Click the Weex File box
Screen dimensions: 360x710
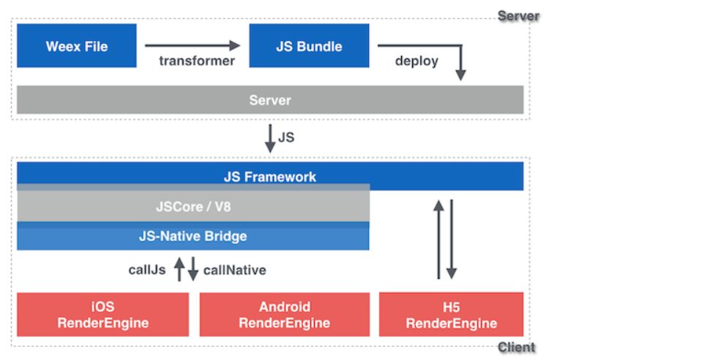[77, 46]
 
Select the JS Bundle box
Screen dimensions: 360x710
[309, 46]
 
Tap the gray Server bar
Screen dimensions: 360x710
[269, 100]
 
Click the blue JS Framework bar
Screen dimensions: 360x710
[269, 176]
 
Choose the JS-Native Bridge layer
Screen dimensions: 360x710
[193, 236]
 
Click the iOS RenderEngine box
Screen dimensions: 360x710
[102, 315]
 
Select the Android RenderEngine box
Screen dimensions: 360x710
[284, 315]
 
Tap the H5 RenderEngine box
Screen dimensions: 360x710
[451, 315]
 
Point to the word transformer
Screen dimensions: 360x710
[197, 61]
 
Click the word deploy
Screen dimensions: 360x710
[416, 61]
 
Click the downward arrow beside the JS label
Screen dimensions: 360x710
[270, 138]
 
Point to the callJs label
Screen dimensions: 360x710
[147, 270]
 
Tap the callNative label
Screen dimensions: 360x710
[234, 270]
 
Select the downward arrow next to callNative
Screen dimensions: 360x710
[193, 269]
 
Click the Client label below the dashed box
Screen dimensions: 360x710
[517, 348]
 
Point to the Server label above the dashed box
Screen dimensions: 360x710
[517, 15]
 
